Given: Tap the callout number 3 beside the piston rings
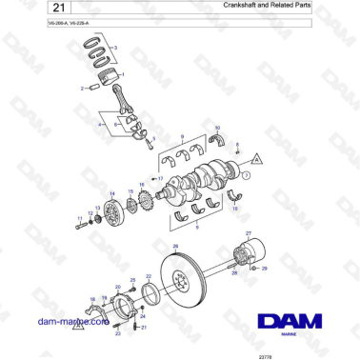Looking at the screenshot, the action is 115,47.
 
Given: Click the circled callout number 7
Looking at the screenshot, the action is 246,175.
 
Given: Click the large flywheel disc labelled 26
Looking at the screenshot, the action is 184,287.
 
